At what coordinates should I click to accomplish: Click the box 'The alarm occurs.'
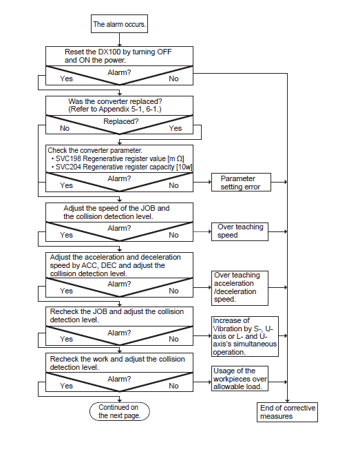tap(119, 24)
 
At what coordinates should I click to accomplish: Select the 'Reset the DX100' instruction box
tap(119, 56)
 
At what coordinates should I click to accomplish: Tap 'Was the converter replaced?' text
tap(115, 101)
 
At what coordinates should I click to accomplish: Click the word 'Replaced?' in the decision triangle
tap(121, 121)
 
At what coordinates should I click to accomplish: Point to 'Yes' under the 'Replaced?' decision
tap(176, 128)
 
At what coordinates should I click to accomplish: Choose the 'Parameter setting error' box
tap(241, 183)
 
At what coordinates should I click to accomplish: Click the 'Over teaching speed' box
tap(240, 231)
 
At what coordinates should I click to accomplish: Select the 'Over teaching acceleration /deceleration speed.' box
tap(240, 288)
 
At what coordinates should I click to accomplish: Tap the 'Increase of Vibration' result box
tap(245, 336)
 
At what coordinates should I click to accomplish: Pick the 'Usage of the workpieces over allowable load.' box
tap(240, 378)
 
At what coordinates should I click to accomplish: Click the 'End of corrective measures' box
tap(287, 412)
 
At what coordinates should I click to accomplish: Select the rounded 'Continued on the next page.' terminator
tap(119, 411)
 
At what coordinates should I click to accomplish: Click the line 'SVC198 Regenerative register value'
tap(118, 159)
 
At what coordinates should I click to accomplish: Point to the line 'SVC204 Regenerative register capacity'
tap(122, 167)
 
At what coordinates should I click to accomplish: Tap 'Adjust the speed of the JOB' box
tap(119, 213)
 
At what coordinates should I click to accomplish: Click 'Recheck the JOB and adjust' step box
tap(119, 317)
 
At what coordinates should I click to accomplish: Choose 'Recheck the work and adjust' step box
tap(119, 363)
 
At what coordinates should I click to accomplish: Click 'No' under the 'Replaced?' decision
tap(65, 128)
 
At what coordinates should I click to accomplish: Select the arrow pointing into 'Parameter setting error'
tap(202, 182)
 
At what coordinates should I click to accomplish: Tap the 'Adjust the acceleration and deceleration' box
tap(119, 265)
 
